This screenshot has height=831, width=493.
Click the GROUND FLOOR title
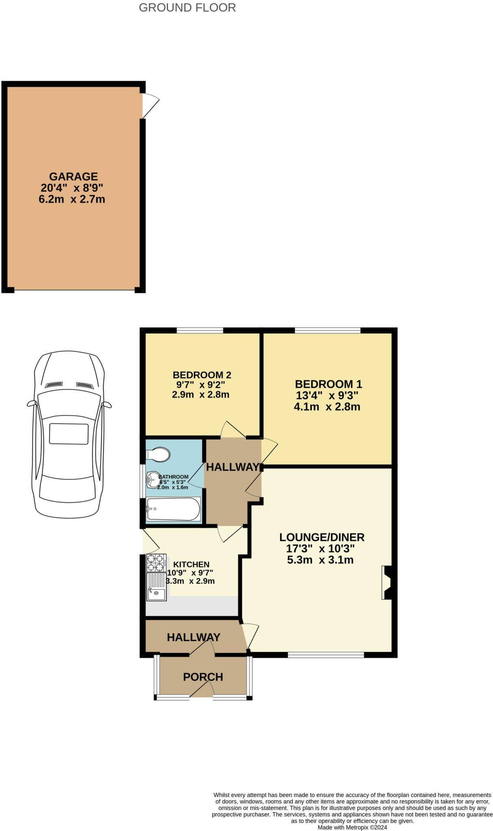pyautogui.click(x=187, y=8)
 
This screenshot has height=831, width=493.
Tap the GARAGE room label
pyautogui.click(x=73, y=177)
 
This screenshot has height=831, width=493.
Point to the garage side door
pyautogui.click(x=149, y=106)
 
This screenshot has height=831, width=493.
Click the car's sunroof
pyautogui.click(x=69, y=434)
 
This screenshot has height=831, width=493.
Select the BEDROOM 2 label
pyautogui.click(x=202, y=375)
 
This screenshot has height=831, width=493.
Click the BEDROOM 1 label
pyautogui.click(x=328, y=384)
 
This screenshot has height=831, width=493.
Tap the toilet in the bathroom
pyautogui.click(x=158, y=454)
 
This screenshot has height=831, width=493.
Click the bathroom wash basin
pyautogui.click(x=153, y=480)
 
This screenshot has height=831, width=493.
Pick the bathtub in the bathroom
pyautogui.click(x=173, y=509)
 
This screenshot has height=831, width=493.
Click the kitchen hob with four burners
pyautogui.click(x=156, y=563)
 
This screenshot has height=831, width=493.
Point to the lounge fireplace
pyautogui.click(x=387, y=582)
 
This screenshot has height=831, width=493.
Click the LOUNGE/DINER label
pyautogui.click(x=322, y=537)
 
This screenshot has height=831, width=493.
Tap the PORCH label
pyautogui.click(x=203, y=677)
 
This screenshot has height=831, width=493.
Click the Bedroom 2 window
pyautogui.click(x=200, y=330)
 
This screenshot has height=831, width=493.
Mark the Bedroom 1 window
pyautogui.click(x=327, y=330)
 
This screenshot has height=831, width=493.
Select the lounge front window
pyautogui.click(x=326, y=654)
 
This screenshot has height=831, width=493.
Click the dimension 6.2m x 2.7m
pyautogui.click(x=72, y=199)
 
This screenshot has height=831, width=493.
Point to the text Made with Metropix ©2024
pyautogui.click(x=352, y=827)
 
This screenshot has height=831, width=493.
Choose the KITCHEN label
pyautogui.click(x=191, y=564)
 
